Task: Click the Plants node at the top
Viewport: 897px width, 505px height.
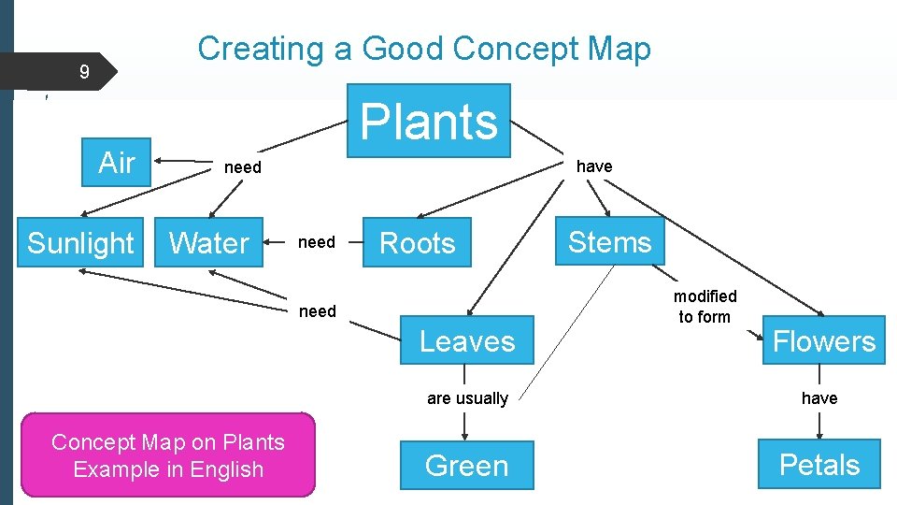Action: pos(429,121)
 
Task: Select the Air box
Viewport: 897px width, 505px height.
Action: pos(117,163)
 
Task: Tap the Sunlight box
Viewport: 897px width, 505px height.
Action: pos(80,243)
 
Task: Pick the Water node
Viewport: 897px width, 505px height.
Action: pos(209,243)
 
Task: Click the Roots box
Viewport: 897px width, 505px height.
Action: pos(417,243)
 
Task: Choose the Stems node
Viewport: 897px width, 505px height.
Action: pos(609,242)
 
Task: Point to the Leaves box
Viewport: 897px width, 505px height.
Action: pos(467,341)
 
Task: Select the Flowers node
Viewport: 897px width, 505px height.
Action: pos(823,341)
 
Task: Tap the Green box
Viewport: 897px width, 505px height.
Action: pos(466,465)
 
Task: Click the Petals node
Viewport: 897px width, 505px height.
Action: pos(819,465)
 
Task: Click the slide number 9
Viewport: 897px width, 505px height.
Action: pos(84,72)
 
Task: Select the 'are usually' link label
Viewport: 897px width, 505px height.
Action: pos(467,398)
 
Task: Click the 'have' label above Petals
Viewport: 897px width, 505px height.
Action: pos(819,398)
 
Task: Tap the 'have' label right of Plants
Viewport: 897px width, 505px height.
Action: pos(594,166)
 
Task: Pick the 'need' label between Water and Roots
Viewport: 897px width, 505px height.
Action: pos(316,242)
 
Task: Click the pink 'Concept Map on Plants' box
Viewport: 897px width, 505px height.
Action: pos(168,455)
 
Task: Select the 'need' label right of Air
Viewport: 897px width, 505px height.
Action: pos(243,167)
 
